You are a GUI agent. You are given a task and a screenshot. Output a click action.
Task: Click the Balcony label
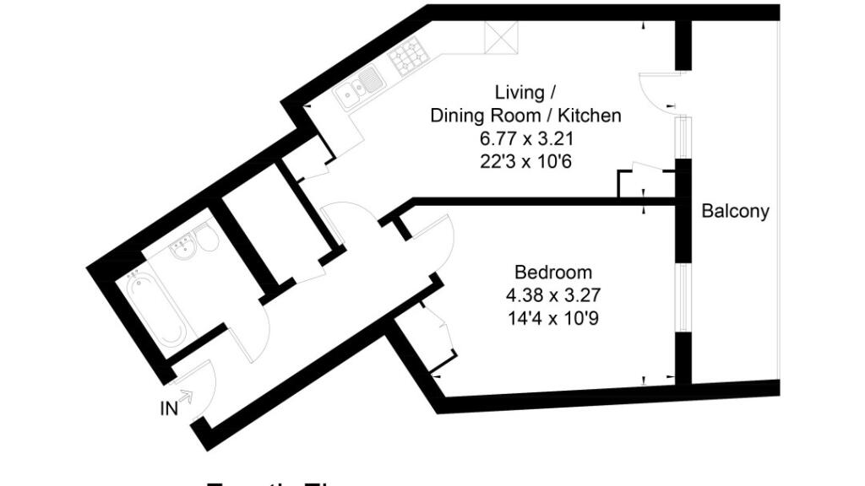click(x=735, y=211)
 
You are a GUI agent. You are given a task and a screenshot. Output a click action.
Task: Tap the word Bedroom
click(x=552, y=273)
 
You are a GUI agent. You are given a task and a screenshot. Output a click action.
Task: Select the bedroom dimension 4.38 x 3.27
click(x=552, y=295)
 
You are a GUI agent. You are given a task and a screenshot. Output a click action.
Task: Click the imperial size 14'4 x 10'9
click(x=552, y=319)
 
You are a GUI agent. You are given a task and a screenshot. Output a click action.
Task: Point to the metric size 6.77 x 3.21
click(x=525, y=138)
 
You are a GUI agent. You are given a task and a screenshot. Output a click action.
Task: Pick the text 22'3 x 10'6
click(x=525, y=162)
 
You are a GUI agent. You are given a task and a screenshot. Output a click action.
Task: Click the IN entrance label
click(x=169, y=409)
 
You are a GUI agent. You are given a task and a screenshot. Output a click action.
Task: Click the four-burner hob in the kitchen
click(x=408, y=57)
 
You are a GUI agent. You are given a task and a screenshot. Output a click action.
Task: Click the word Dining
click(x=461, y=116)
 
